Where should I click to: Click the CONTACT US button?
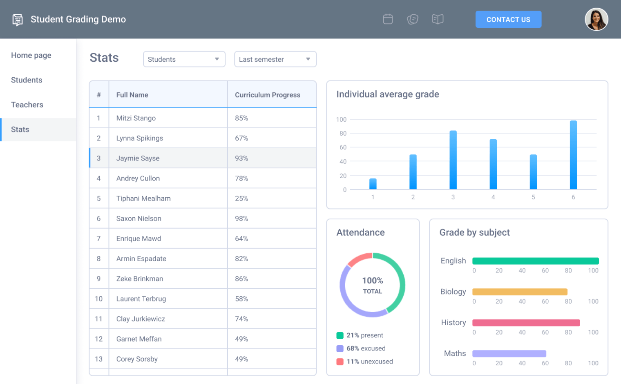point(508,20)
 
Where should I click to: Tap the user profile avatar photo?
point(596,20)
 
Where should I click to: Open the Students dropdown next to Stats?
point(184,59)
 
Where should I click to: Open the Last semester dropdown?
point(275,59)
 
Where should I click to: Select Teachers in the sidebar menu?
point(27,105)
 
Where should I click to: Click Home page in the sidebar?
point(31,55)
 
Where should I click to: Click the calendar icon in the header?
point(388,19)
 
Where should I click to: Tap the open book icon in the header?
point(438,19)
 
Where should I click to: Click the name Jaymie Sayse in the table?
point(138,158)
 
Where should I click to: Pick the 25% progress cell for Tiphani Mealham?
point(241,199)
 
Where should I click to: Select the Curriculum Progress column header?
point(267,95)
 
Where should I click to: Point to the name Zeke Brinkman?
point(139,279)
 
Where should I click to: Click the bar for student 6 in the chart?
point(573,155)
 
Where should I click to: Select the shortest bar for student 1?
point(373,184)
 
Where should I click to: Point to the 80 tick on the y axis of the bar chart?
point(343,134)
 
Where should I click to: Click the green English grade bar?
point(535,261)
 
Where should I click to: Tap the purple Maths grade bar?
point(509,354)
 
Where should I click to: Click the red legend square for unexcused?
point(340,362)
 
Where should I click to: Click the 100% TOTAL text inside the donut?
point(372,285)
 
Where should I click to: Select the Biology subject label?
point(453,292)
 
